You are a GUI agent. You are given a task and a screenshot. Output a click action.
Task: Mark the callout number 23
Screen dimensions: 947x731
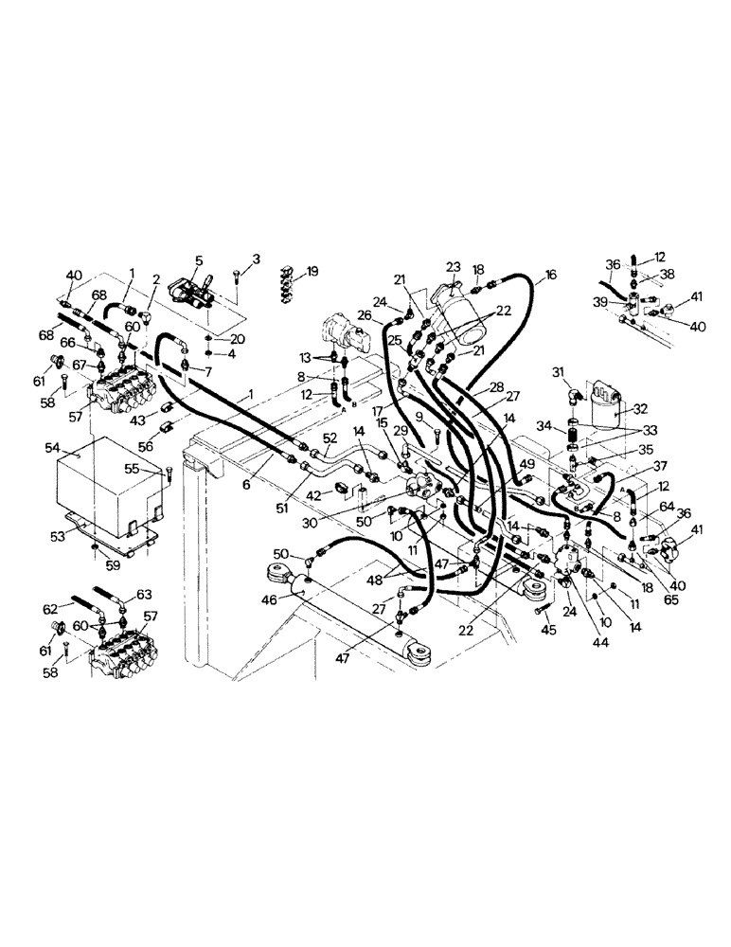click(452, 268)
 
